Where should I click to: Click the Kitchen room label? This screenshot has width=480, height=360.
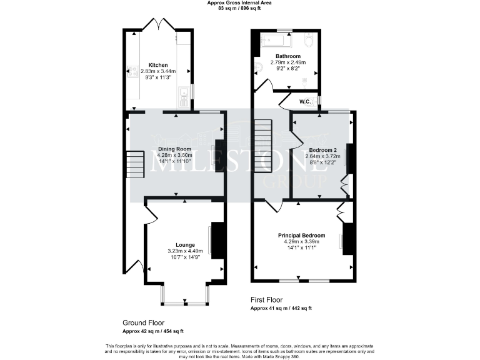coord(157,65)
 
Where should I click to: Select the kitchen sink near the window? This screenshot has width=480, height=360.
coord(183,94)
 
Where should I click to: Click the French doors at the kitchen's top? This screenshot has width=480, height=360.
coord(157,24)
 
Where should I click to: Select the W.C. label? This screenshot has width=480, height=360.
coord(305,102)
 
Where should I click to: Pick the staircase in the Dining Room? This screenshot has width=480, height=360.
coord(134,164)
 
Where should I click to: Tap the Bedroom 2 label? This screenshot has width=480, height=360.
coord(322,150)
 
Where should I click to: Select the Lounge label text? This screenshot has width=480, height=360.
coord(185,245)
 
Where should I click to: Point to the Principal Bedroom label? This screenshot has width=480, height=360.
coord(301,236)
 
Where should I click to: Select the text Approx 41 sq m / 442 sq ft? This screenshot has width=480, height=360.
coord(281,308)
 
